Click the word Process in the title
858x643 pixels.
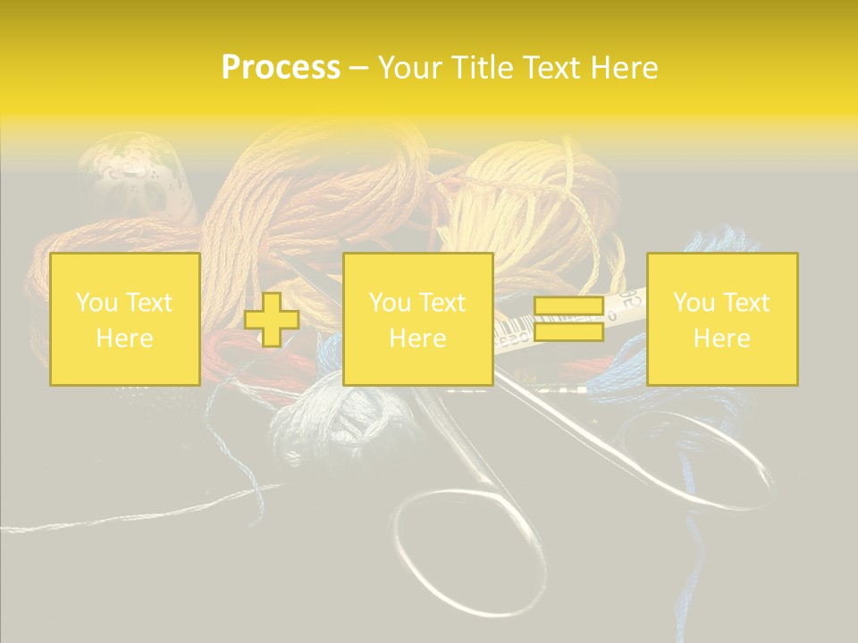point(281,67)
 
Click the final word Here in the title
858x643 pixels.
point(625,67)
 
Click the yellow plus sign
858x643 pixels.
point(272,319)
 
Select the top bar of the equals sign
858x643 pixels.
point(568,306)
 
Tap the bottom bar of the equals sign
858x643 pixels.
point(568,331)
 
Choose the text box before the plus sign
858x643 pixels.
point(124,319)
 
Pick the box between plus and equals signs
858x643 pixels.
point(417,319)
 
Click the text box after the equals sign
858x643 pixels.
point(722,319)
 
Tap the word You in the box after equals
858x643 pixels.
point(694,303)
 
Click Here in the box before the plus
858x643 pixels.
point(124,338)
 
